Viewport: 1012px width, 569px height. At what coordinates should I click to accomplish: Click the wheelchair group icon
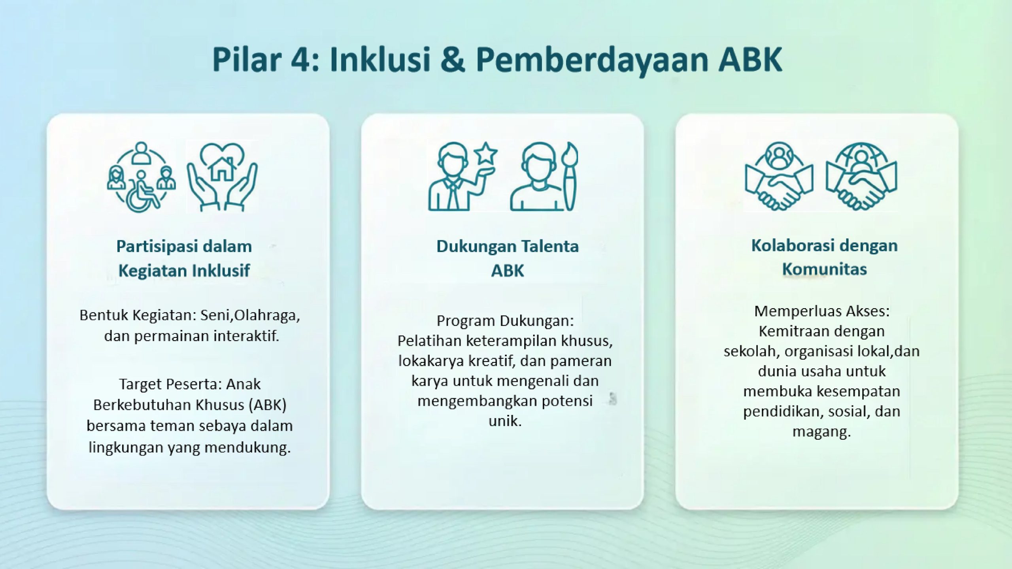pos(142,177)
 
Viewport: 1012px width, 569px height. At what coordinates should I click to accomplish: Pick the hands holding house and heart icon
pos(222,177)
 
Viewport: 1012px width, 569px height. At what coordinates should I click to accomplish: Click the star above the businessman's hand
pos(486,154)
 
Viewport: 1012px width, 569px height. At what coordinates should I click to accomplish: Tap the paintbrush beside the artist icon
pos(569,176)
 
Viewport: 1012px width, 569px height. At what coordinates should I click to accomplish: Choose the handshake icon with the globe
pos(861,176)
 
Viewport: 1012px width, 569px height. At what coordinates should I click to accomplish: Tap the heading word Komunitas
pos(825,269)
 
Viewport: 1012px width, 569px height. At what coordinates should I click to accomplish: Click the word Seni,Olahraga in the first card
pos(250,315)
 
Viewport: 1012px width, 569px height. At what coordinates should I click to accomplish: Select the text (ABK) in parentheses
pos(268,405)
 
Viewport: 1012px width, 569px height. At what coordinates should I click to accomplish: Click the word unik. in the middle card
pos(505,421)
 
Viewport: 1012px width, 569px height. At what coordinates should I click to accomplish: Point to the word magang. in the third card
pos(821,431)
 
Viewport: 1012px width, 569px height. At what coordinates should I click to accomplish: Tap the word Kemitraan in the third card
pos(792,331)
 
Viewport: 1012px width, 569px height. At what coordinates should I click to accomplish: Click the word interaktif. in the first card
pos(246,336)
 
